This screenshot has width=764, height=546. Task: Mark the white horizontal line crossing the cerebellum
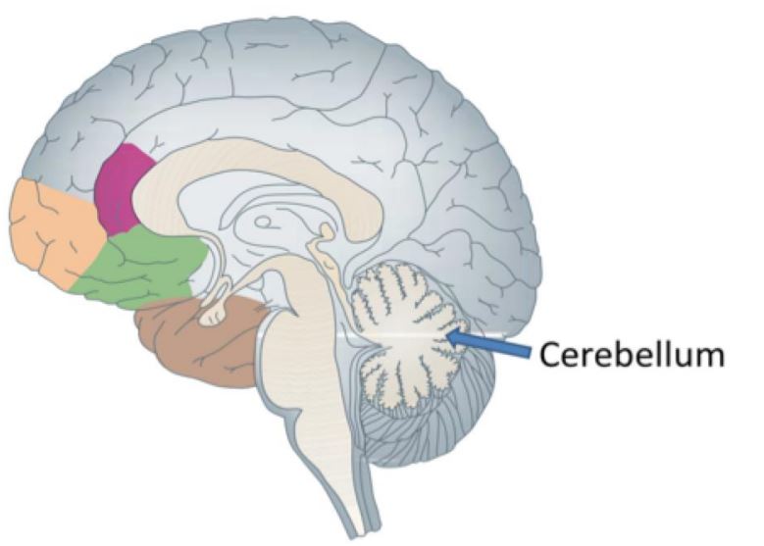tap(392, 336)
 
